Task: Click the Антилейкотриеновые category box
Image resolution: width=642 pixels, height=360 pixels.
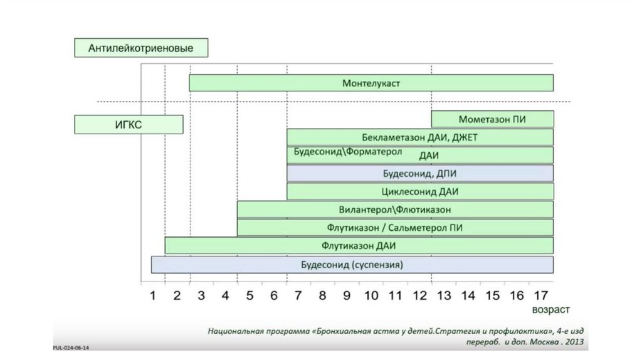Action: click(140, 48)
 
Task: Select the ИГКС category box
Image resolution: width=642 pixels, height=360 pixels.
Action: click(129, 124)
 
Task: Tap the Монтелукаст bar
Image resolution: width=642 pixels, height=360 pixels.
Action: click(371, 83)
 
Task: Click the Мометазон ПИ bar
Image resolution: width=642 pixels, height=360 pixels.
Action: click(492, 119)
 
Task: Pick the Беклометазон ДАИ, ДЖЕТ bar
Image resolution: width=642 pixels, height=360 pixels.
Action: click(420, 137)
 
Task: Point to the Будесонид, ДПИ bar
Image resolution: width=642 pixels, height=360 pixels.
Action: click(420, 174)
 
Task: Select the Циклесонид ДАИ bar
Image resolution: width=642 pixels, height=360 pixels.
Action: click(420, 191)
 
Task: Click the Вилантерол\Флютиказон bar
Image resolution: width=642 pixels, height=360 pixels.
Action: click(395, 209)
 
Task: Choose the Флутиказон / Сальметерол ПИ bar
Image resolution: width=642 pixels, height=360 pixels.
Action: click(395, 227)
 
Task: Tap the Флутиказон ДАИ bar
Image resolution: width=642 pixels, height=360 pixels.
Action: click(359, 245)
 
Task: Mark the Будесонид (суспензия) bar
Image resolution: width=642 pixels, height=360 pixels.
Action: click(352, 265)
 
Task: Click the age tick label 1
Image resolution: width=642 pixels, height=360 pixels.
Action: click(152, 295)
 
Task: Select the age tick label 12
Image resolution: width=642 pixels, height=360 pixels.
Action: click(419, 295)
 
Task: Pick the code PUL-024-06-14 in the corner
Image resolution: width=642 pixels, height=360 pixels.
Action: click(70, 346)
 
